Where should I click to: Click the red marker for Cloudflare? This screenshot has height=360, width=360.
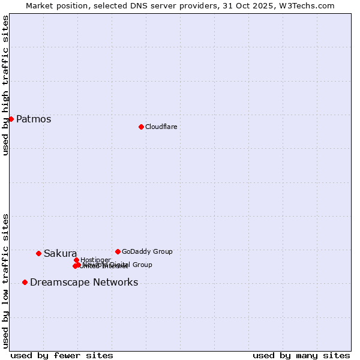141,127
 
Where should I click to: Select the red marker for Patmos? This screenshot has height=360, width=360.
11,119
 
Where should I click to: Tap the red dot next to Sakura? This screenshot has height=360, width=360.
38,253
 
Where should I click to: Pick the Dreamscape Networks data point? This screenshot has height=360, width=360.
25,282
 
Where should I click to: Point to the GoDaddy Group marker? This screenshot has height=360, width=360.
118,251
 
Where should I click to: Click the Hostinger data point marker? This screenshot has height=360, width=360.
76,260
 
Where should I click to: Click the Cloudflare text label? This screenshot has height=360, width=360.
161,127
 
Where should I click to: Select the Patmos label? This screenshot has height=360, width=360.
34,119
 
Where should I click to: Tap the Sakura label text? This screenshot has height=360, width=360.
60,253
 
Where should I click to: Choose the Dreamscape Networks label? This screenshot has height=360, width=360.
84,282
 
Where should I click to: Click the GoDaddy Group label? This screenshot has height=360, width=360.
147,251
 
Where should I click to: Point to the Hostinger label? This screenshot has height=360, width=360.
95,260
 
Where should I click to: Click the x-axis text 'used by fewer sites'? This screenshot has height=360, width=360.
62,355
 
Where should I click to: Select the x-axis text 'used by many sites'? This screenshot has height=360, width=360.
301,355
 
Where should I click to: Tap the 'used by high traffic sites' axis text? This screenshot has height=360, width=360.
6,85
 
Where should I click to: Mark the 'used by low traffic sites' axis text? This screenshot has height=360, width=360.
6,280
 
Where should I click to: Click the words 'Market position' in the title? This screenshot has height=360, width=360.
55,5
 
